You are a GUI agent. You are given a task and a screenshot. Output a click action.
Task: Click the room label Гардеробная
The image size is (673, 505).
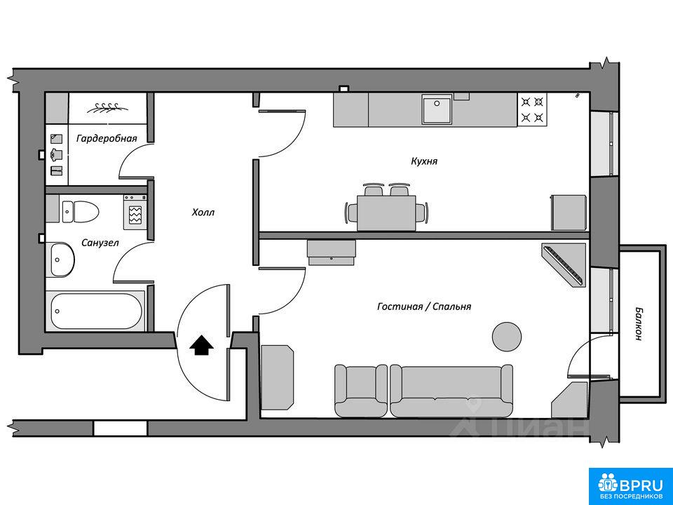[x=107, y=138]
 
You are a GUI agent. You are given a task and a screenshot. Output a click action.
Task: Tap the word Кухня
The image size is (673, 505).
[x=424, y=161]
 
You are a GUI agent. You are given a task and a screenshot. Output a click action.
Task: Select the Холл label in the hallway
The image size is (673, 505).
[x=203, y=212]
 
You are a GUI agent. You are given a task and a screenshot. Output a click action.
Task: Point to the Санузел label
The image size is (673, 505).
[x=100, y=243]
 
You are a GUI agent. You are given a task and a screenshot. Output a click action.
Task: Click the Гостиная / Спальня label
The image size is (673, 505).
[x=424, y=307]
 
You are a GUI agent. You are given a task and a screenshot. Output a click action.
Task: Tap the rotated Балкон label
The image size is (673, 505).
[x=639, y=323]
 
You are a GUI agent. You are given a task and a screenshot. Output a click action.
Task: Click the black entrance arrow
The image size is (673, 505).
[x=201, y=345]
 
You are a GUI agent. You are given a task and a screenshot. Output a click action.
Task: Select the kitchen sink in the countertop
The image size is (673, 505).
[x=437, y=109]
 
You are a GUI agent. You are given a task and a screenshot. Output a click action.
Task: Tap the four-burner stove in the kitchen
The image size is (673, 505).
[x=533, y=109]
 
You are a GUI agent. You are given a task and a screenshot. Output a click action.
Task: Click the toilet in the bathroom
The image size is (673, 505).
[x=81, y=212]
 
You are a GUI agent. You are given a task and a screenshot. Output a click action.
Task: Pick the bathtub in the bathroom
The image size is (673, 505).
[x=96, y=311]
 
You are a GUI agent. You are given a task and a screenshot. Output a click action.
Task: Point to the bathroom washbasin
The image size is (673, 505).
[x=62, y=260]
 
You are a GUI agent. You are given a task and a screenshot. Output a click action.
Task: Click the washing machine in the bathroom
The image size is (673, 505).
[x=135, y=212]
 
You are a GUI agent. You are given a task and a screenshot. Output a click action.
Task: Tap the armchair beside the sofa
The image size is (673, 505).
[x=361, y=391]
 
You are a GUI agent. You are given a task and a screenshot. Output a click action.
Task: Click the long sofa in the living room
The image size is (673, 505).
[x=451, y=391]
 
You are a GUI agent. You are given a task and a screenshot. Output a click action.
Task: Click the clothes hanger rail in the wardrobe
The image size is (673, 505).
[x=108, y=108]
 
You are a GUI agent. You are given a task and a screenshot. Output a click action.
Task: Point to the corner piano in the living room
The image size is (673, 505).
[x=564, y=265]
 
